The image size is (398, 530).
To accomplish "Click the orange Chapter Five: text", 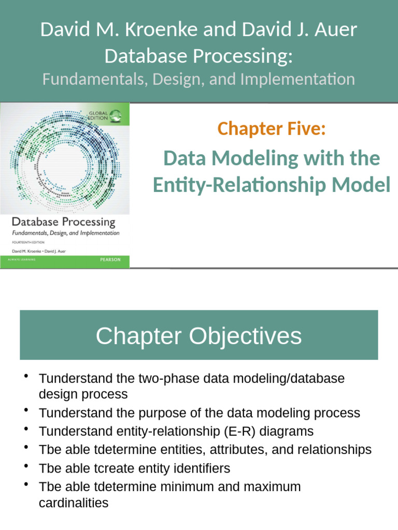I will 272,128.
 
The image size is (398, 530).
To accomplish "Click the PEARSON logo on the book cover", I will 110,260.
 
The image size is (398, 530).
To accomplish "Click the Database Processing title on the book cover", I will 63,222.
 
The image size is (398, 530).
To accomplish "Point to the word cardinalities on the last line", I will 74,503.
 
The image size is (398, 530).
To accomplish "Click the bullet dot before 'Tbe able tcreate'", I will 26,467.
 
